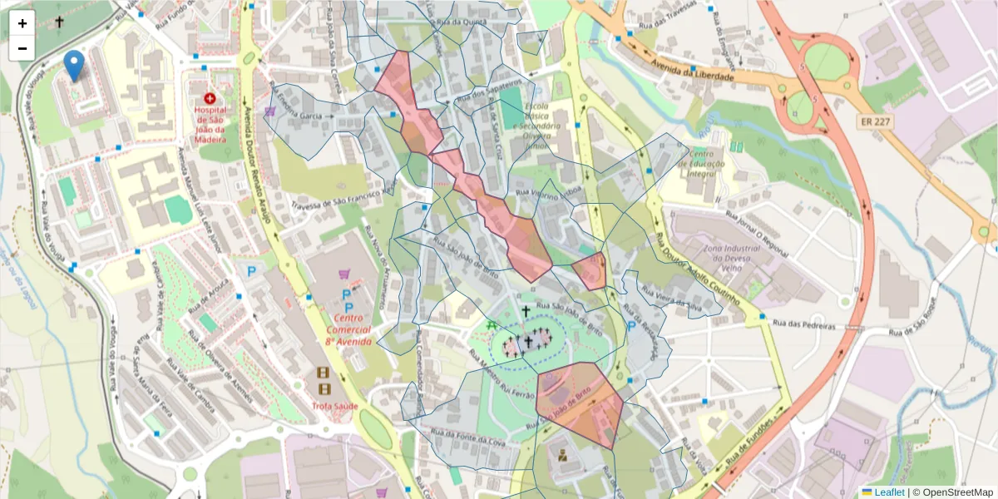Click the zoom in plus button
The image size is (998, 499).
click(22, 23)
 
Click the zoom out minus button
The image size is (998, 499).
click(22, 48)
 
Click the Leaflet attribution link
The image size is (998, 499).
click(887, 492)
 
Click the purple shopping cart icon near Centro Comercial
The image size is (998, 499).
click(344, 274)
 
